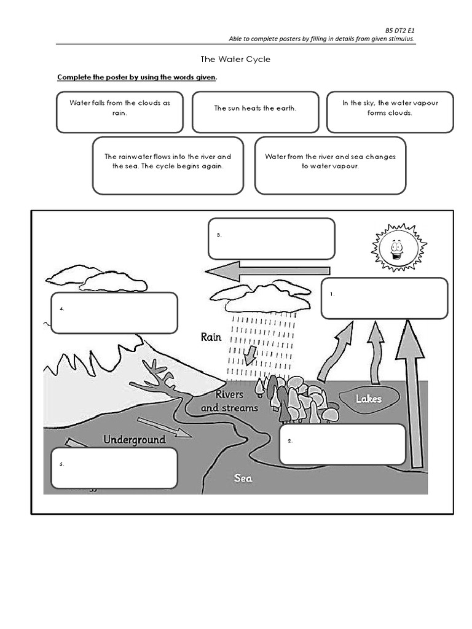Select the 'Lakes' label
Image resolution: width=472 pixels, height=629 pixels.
point(368,399)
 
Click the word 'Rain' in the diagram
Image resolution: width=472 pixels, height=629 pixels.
point(210,337)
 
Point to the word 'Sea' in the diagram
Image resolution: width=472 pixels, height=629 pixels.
point(243,478)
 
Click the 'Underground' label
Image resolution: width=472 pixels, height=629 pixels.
point(134,440)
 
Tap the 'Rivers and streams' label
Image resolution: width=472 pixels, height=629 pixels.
point(229,400)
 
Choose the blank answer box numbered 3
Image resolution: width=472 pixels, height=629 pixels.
point(271,238)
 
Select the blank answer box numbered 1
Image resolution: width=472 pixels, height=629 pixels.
point(384,299)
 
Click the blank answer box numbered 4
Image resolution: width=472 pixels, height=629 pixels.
point(114,313)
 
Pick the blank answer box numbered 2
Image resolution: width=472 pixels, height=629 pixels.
point(342,444)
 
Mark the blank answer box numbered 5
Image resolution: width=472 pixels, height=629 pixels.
point(114,467)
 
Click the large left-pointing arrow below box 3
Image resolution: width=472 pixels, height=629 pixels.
point(267,271)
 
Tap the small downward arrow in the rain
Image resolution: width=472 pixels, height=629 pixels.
point(250,355)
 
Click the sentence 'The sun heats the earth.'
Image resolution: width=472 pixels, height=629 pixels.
point(255,108)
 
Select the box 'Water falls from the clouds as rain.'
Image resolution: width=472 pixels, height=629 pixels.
point(119,112)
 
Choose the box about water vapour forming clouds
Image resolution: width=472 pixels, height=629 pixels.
point(390,112)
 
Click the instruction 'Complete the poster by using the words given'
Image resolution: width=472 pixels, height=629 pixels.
point(136,77)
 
